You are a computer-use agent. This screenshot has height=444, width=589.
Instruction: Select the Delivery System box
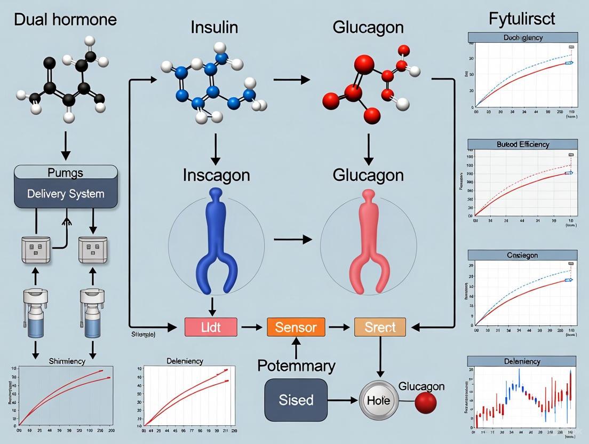[66, 193]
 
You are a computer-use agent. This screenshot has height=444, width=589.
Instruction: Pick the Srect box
[380, 327]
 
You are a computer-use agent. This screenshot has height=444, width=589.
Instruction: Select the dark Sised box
[296, 399]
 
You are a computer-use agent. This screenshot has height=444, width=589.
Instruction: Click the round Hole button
[378, 400]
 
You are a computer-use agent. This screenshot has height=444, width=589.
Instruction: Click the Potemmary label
[296, 366]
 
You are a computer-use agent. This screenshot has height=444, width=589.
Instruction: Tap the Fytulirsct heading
[521, 19]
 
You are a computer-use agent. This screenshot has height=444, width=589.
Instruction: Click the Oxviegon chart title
[522, 255]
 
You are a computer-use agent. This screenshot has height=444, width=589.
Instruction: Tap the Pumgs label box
[66, 172]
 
